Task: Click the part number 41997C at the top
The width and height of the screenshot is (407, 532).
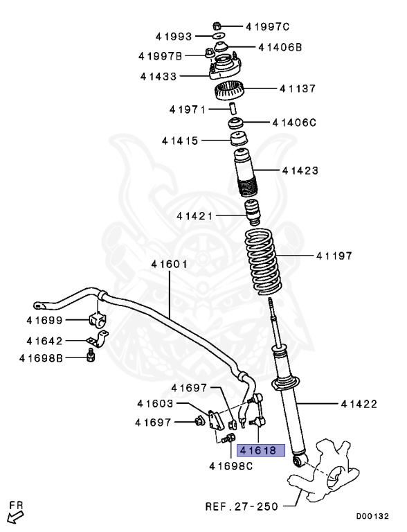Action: pos(267,26)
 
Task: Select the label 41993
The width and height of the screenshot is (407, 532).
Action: pos(175,35)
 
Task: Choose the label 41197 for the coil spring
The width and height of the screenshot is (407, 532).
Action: pos(334,256)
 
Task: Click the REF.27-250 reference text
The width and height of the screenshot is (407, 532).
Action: pos(242,506)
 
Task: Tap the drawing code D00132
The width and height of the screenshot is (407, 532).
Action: pos(372,516)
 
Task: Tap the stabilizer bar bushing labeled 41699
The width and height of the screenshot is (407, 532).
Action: pos(96,321)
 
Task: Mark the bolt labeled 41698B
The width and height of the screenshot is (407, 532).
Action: pos(91,357)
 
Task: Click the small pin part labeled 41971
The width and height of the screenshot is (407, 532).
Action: pos(234,109)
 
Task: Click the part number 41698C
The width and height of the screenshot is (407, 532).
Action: pos(231,465)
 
